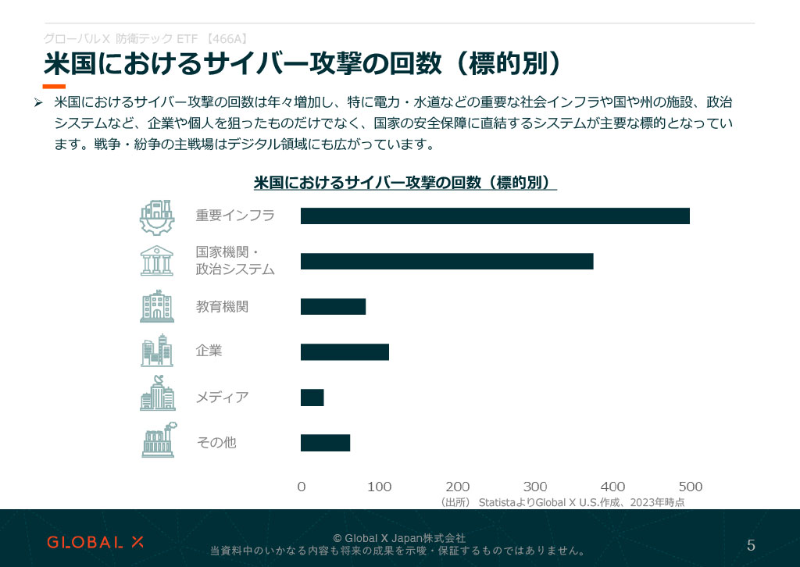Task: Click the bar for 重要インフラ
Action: click(495, 216)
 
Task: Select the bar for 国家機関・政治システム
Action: click(447, 262)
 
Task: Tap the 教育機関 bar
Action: click(333, 306)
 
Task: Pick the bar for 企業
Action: click(345, 352)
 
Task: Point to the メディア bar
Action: click(312, 398)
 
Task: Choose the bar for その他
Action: click(325, 443)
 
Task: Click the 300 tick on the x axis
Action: click(535, 487)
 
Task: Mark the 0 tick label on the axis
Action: click(302, 487)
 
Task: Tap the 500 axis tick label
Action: click(690, 487)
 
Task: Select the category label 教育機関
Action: click(222, 307)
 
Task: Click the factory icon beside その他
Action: click(158, 443)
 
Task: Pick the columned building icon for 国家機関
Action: click(157, 262)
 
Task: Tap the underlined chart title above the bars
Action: click(405, 183)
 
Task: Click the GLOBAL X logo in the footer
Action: click(95, 542)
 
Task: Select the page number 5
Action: click(751, 545)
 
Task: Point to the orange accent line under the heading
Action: click(54, 86)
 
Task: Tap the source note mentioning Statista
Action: click(562, 502)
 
